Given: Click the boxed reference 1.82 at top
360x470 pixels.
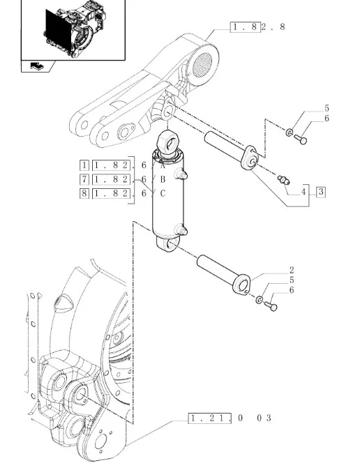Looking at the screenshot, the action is click(246, 27).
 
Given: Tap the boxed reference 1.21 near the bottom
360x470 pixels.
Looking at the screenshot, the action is click(210, 418).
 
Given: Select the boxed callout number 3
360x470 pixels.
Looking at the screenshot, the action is click(321, 192).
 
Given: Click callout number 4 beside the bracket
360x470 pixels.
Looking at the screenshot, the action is click(303, 192).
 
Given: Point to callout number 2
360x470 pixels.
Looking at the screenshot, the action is click(292, 270).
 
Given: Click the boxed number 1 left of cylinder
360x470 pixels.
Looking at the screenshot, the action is click(84, 165).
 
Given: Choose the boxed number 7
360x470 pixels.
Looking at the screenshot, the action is click(84, 179).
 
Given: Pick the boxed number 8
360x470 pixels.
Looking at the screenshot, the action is click(84, 193).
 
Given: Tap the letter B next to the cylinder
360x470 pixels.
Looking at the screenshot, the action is click(163, 179).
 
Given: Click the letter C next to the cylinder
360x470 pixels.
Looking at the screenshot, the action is click(163, 193).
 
